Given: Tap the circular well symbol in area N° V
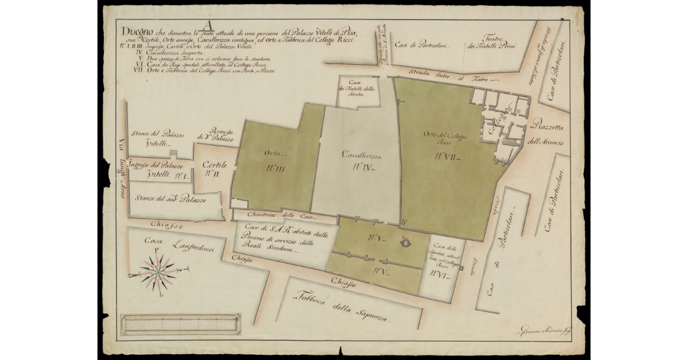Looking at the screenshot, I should (406, 242).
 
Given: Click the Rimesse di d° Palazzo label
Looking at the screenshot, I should (215, 135).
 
